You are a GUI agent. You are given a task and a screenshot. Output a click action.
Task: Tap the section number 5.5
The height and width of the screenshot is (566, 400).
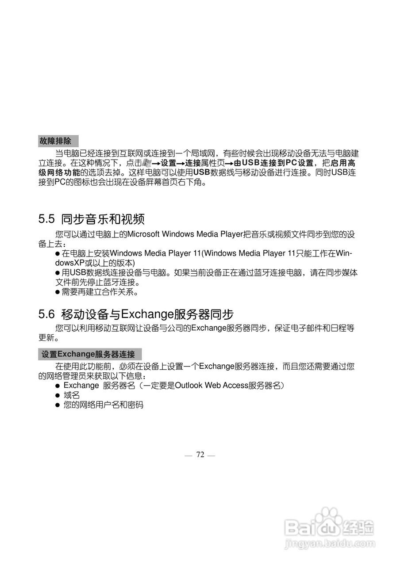46,219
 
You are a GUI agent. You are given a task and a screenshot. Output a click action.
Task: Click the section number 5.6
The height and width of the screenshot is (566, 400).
46,314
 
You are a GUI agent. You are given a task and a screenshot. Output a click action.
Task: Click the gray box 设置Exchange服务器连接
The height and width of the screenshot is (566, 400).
90,354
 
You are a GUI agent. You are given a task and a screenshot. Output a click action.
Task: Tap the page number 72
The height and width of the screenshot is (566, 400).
200,455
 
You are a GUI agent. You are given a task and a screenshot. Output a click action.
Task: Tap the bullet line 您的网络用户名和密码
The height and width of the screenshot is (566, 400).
103,405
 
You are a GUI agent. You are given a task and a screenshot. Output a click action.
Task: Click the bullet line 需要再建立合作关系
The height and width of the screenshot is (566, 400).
100,292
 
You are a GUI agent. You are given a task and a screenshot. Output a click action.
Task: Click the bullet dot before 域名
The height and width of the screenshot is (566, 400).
57,395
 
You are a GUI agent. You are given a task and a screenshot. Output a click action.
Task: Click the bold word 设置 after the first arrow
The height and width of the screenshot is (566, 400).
168,163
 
